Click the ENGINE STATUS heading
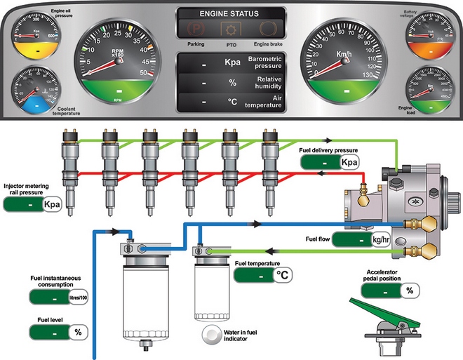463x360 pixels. [x=231, y=13]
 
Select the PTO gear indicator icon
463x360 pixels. [x=231, y=29]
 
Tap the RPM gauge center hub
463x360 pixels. [x=119, y=60]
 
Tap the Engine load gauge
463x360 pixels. [x=431, y=89]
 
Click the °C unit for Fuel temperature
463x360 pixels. [x=283, y=276]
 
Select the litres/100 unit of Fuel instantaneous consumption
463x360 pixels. [x=78, y=298]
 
